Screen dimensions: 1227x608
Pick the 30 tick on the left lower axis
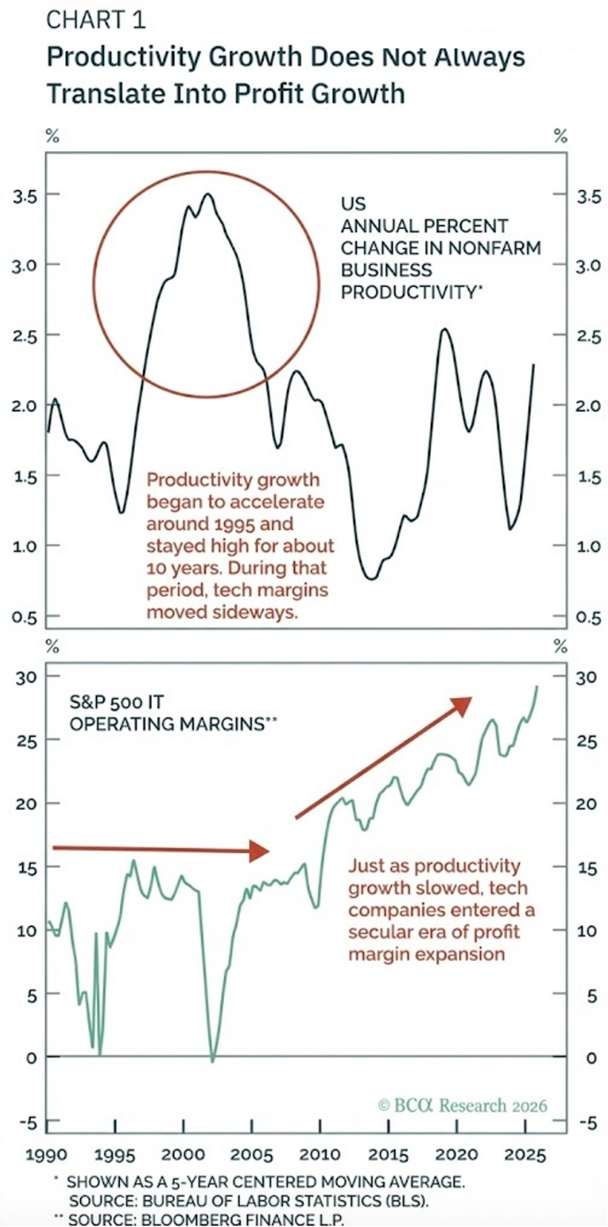coord(24,677)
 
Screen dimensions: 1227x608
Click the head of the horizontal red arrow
coord(261,850)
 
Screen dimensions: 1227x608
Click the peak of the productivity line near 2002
coord(208,195)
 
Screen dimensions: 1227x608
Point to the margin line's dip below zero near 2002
coord(212,1060)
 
